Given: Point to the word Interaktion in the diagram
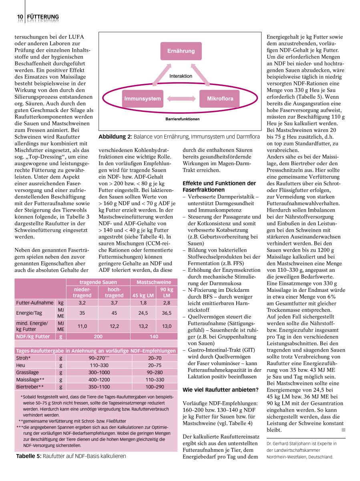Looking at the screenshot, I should coord(181,76).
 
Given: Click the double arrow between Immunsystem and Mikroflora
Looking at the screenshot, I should coord(179,99).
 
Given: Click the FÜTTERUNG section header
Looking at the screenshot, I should coord(43,16).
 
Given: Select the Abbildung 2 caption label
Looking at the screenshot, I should coord(115,137).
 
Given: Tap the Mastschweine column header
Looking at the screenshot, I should coord(154,282).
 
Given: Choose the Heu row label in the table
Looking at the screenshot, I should coord(21,366).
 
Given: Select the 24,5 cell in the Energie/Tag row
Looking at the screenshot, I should coord(143,313).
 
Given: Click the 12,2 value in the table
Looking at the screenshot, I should coord(114,326).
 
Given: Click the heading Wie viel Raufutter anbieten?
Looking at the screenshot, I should coord(220,389).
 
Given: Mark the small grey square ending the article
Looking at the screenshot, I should coord(343,430).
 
